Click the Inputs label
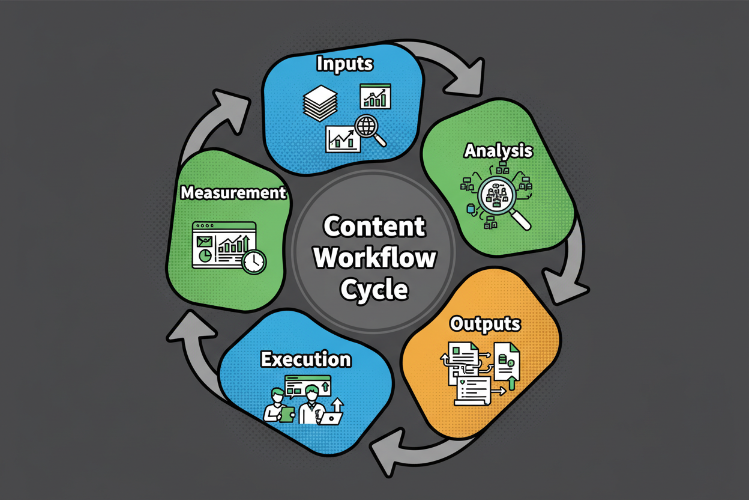(x=344, y=63)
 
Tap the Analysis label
(x=498, y=150)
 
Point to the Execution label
(x=305, y=359)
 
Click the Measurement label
(x=233, y=193)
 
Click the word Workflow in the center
(x=374, y=258)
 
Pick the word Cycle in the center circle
(x=374, y=290)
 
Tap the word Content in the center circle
(x=374, y=227)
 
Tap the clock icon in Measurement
(x=254, y=261)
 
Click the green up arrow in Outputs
(x=512, y=381)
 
